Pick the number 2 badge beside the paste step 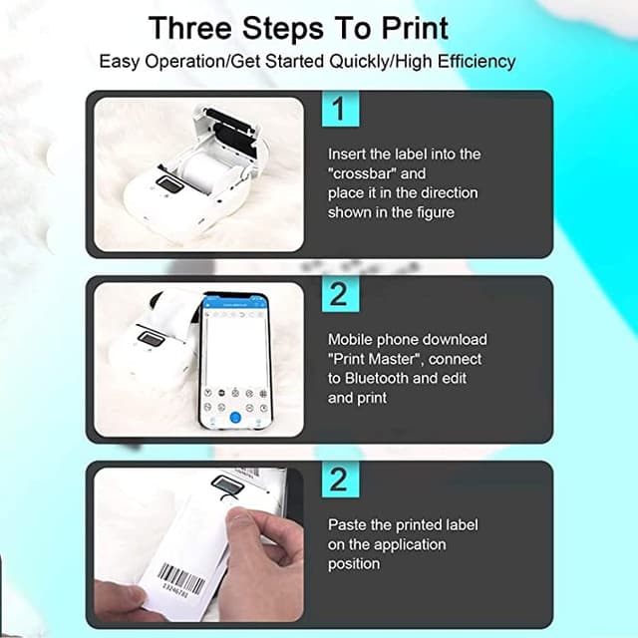(339, 479)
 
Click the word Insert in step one (347, 154)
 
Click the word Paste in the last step (349, 523)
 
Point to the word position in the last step (354, 563)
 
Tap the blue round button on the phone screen (235, 419)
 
